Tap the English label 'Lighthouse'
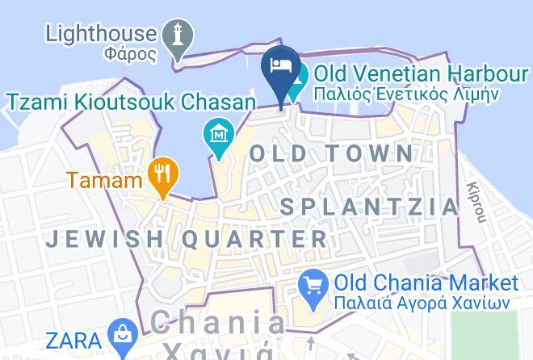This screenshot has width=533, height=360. pyautogui.click(x=101, y=34)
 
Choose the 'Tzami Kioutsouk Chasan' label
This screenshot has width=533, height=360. pyautogui.click(x=132, y=103)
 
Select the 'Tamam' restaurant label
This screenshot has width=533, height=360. pyautogui.click(x=105, y=179)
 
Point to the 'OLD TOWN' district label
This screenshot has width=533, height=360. pyautogui.click(x=332, y=153)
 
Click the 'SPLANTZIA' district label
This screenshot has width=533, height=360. pyautogui.click(x=370, y=207)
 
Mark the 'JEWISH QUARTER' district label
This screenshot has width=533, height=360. pyautogui.click(x=187, y=239)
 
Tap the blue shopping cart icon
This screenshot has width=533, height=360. pyautogui.click(x=312, y=286)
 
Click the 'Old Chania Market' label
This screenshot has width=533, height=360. pyautogui.click(x=426, y=283)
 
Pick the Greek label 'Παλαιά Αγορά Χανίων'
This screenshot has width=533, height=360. pyautogui.click(x=422, y=303)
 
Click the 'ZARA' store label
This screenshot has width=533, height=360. pyautogui.click(x=73, y=340)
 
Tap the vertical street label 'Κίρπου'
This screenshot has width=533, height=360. pyautogui.click(x=478, y=201)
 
